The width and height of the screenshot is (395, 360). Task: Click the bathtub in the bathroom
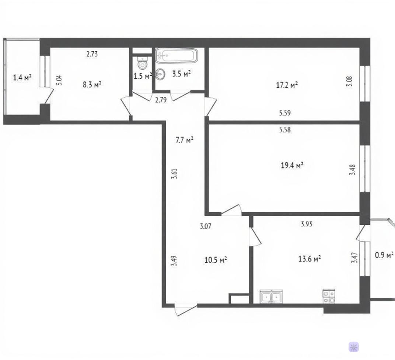[176, 56]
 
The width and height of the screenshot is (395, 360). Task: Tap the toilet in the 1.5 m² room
[142, 63]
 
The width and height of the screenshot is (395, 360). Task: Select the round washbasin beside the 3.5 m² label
[160, 74]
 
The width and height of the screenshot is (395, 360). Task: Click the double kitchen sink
[271, 296]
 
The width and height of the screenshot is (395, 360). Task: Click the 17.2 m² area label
[287, 85]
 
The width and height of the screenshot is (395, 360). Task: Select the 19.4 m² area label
[292, 165]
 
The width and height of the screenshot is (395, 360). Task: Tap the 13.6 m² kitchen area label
[310, 259]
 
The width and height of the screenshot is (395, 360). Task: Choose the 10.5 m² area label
[216, 260]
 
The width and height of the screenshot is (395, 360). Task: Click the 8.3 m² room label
[92, 84]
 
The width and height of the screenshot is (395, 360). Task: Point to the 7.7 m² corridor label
[184, 140]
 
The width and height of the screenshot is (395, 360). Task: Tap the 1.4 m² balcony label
[22, 77]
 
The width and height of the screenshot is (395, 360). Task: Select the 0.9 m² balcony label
[384, 255]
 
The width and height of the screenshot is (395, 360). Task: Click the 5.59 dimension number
[285, 113]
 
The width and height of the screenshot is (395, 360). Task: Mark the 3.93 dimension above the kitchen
[307, 224]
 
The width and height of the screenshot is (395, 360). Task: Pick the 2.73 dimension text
[92, 54]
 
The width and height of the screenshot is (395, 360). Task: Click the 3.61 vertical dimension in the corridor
[174, 174]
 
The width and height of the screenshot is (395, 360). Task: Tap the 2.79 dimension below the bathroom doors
[161, 100]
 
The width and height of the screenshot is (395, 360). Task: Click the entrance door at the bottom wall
[186, 309]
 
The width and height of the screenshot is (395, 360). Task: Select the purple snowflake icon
[354, 347]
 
